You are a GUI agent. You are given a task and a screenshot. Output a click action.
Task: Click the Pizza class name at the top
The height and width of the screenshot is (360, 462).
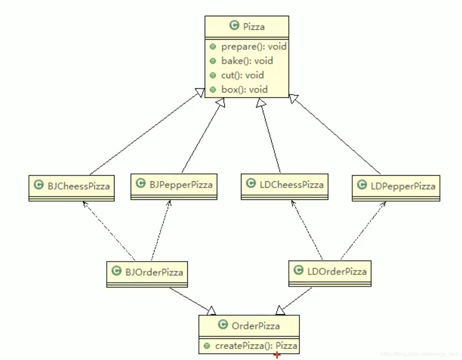[x=253, y=27]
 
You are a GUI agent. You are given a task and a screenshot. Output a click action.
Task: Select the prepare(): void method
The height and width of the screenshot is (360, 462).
[x=253, y=46]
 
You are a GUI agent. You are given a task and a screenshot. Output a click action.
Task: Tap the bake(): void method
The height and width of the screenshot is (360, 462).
[x=247, y=61]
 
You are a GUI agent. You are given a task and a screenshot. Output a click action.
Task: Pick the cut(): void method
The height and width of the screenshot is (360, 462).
[x=242, y=75]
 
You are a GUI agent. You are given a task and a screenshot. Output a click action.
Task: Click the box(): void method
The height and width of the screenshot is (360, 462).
[x=244, y=90]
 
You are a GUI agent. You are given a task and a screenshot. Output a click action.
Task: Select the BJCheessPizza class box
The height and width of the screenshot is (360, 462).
[x=72, y=187]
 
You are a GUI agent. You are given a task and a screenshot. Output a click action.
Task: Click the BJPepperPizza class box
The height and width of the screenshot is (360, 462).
[x=174, y=185]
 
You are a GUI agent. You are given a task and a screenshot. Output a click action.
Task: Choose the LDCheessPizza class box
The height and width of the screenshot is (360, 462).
[x=284, y=185]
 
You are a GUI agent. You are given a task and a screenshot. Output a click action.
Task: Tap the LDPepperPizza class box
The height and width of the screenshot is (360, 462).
[x=396, y=186]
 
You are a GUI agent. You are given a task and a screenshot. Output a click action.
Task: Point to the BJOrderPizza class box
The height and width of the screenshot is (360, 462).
[x=147, y=272]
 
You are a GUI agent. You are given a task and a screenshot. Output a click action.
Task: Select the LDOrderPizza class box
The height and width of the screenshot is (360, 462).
[x=330, y=272]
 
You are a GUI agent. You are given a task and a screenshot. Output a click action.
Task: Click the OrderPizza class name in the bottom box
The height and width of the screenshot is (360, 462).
[x=256, y=326]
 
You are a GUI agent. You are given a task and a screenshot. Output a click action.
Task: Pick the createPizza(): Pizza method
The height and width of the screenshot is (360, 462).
[x=256, y=346]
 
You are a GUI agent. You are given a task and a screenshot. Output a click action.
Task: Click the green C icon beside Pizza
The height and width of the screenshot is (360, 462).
[x=234, y=25]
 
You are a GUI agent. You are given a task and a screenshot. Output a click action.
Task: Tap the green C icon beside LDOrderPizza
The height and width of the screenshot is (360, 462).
[x=298, y=270]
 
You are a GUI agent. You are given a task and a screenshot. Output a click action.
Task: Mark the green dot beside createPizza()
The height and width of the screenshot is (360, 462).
[x=207, y=346]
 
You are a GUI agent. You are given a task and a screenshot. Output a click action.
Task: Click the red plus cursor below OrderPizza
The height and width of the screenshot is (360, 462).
[x=277, y=355]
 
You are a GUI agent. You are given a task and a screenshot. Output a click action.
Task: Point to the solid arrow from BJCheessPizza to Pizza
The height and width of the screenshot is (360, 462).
[x=144, y=134]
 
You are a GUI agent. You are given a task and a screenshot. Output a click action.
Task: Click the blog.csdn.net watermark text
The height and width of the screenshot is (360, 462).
[x=420, y=354]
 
